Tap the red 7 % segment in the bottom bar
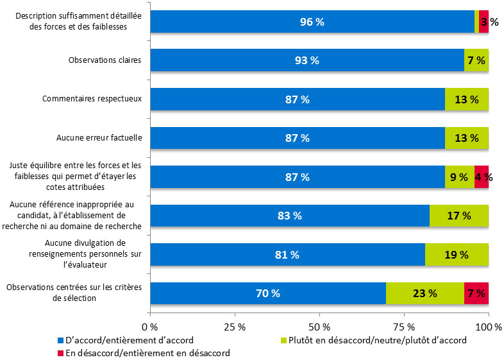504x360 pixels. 476,293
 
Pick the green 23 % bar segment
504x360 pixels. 424,293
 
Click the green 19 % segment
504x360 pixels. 457,255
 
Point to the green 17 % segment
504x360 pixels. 459,216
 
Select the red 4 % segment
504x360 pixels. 482,177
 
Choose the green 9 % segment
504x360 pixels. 459,177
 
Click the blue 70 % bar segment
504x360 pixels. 268,293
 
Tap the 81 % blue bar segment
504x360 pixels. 287,255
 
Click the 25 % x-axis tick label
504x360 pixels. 235,327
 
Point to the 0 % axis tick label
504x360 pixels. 150,327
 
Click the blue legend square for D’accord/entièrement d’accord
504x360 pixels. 61,340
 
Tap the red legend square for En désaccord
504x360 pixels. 61,352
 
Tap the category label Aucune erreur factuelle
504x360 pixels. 99,137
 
